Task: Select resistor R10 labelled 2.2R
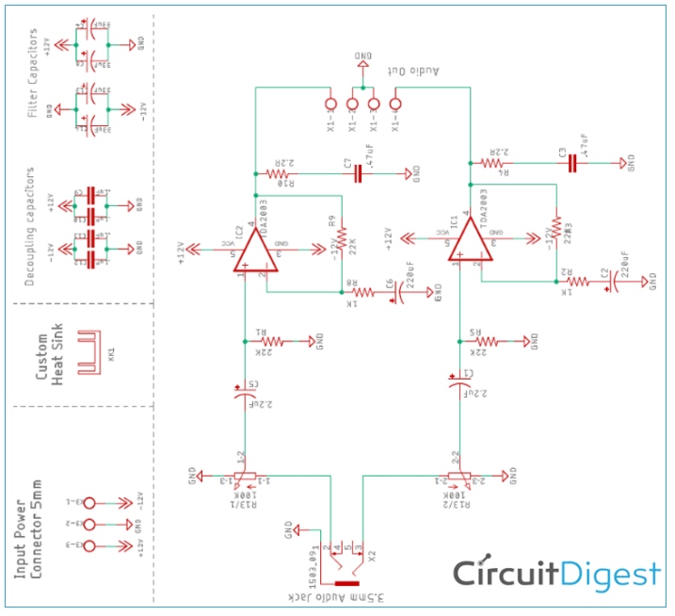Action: [x=280, y=174]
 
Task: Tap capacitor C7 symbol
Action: [x=358, y=174]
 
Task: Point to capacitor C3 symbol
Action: [x=572, y=162]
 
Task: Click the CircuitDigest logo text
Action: [x=556, y=573]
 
